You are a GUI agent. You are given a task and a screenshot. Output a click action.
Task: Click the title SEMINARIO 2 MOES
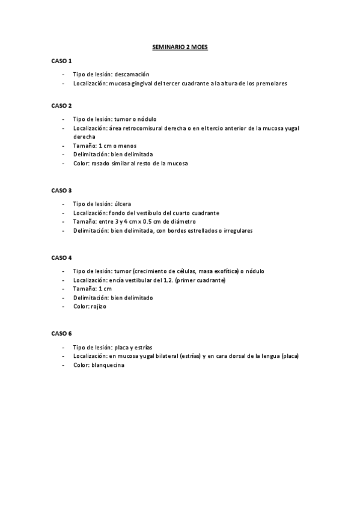coord(180,46)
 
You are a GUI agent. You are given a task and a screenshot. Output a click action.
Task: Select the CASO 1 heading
coord(61,61)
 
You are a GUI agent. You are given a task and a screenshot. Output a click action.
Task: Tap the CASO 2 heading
coord(61,105)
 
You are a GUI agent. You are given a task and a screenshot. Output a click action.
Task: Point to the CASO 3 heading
coord(61,190)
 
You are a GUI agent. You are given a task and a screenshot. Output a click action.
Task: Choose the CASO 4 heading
coord(61,257)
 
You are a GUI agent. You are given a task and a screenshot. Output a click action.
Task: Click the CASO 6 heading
coord(61,333)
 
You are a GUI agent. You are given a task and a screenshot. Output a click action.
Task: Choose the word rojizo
coord(98,306)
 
